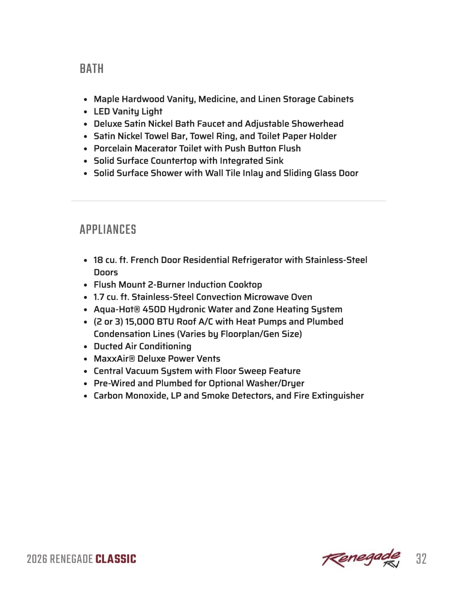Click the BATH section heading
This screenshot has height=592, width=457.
[92, 69]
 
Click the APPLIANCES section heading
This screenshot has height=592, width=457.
[108, 229]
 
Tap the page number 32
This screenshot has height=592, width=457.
[421, 559]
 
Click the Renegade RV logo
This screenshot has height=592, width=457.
[361, 558]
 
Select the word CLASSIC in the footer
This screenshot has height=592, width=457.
[115, 559]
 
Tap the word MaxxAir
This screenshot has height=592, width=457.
[111, 358]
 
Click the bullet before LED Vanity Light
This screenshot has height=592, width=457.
[85, 112]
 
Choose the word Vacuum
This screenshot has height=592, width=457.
[142, 371]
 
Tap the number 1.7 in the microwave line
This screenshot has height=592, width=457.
[99, 297]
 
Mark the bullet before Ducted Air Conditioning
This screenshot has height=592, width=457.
[85, 347]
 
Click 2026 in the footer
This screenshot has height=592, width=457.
[37, 559]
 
